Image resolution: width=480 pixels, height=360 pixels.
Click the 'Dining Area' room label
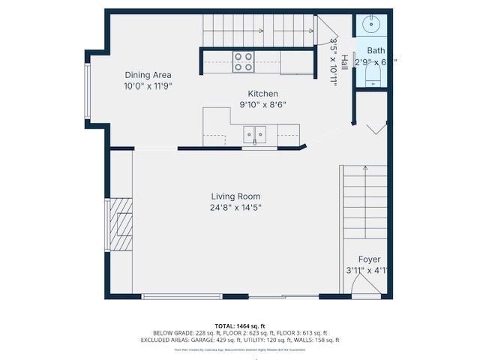coord(148,75)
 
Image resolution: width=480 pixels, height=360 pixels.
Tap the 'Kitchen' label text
coord(262,93)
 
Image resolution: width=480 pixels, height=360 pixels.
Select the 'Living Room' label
coord(235,196)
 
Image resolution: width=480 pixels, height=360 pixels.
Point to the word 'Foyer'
coord(369,259)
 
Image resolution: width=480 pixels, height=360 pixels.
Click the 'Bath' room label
coord(375,51)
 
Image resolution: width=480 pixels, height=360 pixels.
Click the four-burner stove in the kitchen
coord(242,61)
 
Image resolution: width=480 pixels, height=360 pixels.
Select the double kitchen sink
coord(254,134)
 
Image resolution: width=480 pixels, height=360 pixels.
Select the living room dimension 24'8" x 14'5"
coord(235,208)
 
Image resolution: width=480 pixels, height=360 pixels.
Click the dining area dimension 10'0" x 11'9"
coord(148,85)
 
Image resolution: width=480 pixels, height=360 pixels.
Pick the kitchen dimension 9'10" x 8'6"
coord(262,104)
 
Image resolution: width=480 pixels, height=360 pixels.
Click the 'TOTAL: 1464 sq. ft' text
coord(240,326)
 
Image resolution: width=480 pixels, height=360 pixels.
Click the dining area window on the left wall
coord(88,91)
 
